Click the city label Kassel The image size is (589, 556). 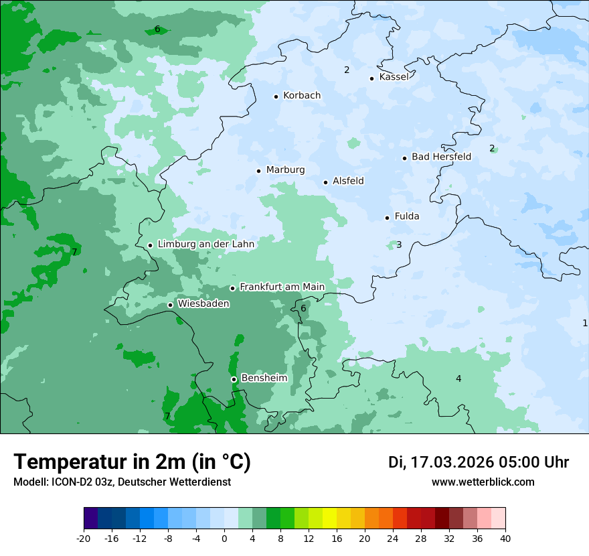(x=394, y=77)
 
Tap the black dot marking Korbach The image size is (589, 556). (x=276, y=96)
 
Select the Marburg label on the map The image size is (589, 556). (x=285, y=170)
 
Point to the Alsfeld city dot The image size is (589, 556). (x=326, y=182)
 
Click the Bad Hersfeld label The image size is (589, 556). (x=441, y=157)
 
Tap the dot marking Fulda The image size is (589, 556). (x=387, y=218)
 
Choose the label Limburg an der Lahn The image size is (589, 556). (x=205, y=245)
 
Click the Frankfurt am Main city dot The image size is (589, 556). (x=232, y=288)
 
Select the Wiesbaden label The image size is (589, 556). (x=203, y=304)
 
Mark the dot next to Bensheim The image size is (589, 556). (x=234, y=379)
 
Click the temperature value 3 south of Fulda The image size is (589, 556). (x=399, y=245)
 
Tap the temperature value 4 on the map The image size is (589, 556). (x=458, y=379)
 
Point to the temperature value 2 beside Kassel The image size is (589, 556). (x=347, y=70)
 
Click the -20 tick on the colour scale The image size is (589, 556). (x=84, y=538)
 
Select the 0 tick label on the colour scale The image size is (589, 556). (x=224, y=538)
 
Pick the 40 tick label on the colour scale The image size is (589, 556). (x=505, y=538)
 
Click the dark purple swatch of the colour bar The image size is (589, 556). (x=90, y=518)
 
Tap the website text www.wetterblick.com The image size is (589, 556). (x=483, y=482)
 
